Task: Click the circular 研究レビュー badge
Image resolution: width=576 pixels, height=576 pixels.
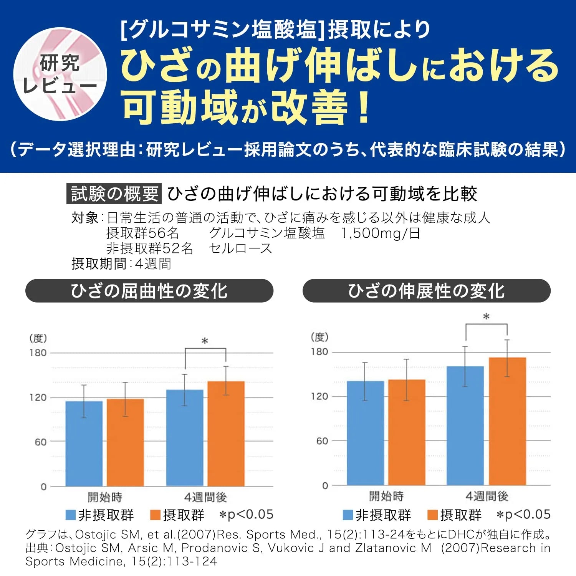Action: click(60, 74)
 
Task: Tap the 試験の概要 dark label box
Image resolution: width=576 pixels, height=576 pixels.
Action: click(114, 194)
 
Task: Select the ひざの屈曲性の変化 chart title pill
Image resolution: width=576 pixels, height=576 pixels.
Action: click(149, 291)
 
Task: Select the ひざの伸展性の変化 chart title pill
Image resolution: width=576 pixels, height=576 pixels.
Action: click(426, 291)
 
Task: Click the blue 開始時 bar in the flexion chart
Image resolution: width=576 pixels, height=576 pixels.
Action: click(84, 444)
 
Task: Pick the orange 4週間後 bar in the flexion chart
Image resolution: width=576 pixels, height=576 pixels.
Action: click(226, 434)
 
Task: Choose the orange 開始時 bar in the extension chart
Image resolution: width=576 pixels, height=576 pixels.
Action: click(406, 432)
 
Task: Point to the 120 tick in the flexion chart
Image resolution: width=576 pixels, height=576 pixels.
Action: click(38, 397)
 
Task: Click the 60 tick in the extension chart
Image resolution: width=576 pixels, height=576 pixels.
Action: click(322, 441)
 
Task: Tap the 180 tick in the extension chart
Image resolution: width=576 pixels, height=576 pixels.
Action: click(319, 352)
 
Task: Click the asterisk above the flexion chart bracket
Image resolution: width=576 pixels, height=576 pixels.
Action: click(205, 341)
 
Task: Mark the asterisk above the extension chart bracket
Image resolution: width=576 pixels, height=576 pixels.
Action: click(486, 317)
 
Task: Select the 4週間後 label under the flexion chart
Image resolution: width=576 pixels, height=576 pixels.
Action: click(205, 497)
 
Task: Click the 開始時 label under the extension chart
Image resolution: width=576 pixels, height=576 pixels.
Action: click(386, 496)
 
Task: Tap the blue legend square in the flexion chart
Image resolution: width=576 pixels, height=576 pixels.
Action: click(71, 515)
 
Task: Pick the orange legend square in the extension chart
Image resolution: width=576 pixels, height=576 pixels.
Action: click(432, 515)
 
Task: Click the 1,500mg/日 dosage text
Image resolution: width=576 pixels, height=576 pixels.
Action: click(380, 233)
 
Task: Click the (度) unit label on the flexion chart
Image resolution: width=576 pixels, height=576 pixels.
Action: click(38, 338)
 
